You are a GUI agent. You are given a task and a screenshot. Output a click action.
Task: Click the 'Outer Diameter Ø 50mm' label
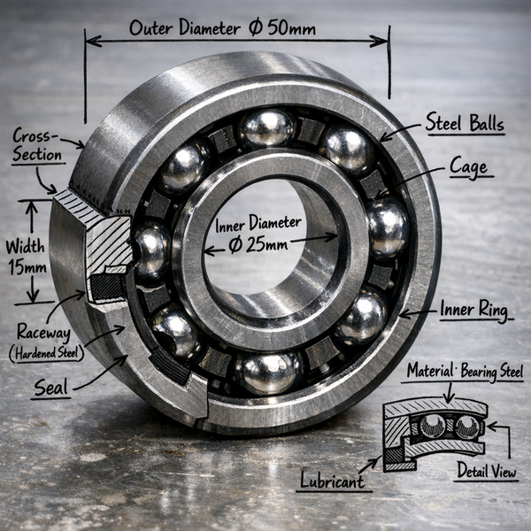coord(222,27)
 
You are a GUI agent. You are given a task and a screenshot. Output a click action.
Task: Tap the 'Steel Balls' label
coord(465,122)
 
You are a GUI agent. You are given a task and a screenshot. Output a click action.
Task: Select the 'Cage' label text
coord(468,167)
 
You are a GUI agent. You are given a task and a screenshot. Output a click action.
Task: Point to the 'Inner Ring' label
coord(474,310)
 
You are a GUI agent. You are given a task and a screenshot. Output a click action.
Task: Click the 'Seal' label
coord(50,387)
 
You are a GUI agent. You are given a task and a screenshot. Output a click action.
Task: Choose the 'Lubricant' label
coord(333,481)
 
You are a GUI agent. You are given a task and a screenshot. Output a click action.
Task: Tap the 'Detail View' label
coord(487,471)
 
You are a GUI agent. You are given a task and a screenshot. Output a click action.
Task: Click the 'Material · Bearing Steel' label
coord(465,371)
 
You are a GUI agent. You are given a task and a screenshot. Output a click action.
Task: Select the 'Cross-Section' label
coord(35,145)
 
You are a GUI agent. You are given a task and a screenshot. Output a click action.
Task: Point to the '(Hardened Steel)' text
coord(46,353)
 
